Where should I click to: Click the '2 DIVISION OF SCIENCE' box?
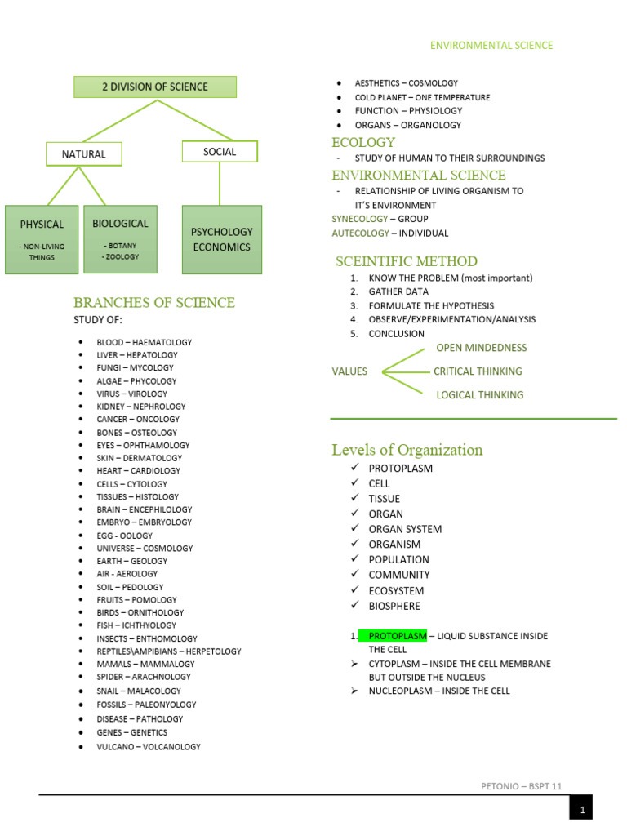point(155,87)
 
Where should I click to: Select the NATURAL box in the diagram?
point(84,153)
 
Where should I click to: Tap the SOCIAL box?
point(219,151)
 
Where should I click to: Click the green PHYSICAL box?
point(42,238)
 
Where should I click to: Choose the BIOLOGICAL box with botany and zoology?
point(120,238)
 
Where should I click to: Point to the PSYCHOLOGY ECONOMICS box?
point(221,239)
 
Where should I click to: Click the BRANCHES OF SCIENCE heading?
point(154,302)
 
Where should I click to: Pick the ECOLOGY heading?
point(363,142)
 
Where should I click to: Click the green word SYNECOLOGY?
point(359,219)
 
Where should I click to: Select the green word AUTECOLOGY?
point(360,233)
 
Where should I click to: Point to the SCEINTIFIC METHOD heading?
point(407,261)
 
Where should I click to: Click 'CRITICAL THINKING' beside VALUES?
point(478,371)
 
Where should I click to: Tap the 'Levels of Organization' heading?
point(407,450)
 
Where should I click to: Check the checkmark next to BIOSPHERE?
point(354,605)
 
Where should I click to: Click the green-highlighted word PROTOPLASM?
point(397,635)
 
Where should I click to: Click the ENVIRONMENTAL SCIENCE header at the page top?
point(491,46)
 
